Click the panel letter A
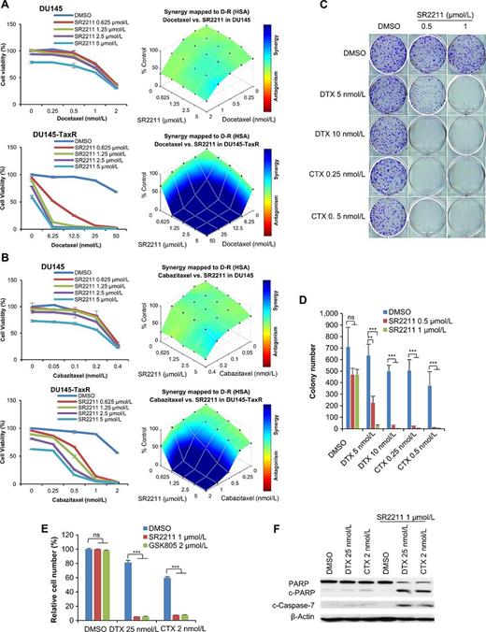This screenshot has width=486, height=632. point(7,7)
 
